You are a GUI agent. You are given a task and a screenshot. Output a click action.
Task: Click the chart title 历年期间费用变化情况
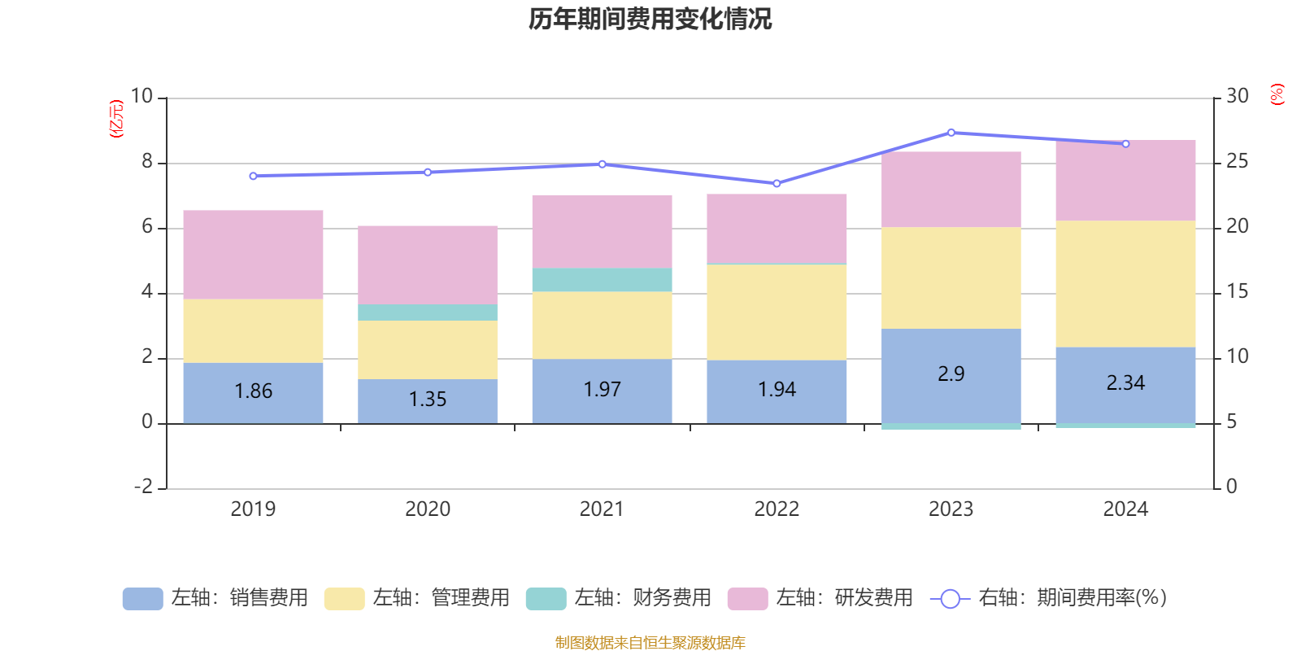(x=650, y=19)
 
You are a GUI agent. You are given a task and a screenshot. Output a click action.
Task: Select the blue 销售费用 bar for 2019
(x=253, y=392)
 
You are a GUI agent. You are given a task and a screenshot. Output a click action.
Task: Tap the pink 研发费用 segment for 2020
(x=428, y=264)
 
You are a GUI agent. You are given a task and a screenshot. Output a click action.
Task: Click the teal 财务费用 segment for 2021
(x=602, y=280)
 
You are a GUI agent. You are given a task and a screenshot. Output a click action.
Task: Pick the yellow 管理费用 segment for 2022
(x=777, y=312)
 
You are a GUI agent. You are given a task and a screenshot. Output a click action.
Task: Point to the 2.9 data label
(x=951, y=374)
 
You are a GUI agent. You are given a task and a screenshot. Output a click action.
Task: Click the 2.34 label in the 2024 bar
(x=1125, y=383)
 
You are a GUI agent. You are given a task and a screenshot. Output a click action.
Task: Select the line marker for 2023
(x=951, y=133)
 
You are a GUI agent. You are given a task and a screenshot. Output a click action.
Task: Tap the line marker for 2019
(x=253, y=176)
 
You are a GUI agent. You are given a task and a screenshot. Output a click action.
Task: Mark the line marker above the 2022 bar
(x=777, y=184)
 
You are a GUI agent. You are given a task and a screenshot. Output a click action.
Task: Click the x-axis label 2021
(x=602, y=509)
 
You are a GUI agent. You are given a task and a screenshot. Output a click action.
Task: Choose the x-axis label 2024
(x=1125, y=509)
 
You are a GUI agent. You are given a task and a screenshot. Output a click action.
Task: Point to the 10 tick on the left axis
(x=141, y=97)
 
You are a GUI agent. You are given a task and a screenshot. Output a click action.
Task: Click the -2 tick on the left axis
(x=144, y=487)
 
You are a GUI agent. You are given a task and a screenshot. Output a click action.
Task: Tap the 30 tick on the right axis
(x=1237, y=97)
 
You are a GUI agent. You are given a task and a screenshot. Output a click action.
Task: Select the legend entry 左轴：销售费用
(x=215, y=598)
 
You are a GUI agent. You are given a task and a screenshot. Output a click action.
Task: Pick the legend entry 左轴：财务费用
(x=619, y=598)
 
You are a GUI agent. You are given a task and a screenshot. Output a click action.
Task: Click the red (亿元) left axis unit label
(x=116, y=119)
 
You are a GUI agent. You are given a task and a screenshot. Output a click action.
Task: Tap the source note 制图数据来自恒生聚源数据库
(x=650, y=643)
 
